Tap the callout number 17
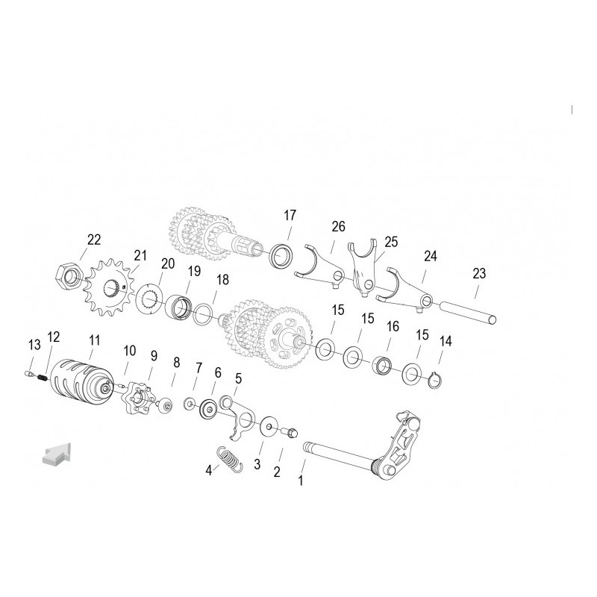tap(290, 216)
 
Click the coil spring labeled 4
tap(230, 459)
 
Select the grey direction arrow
tap(57, 453)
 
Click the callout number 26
tap(338, 227)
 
